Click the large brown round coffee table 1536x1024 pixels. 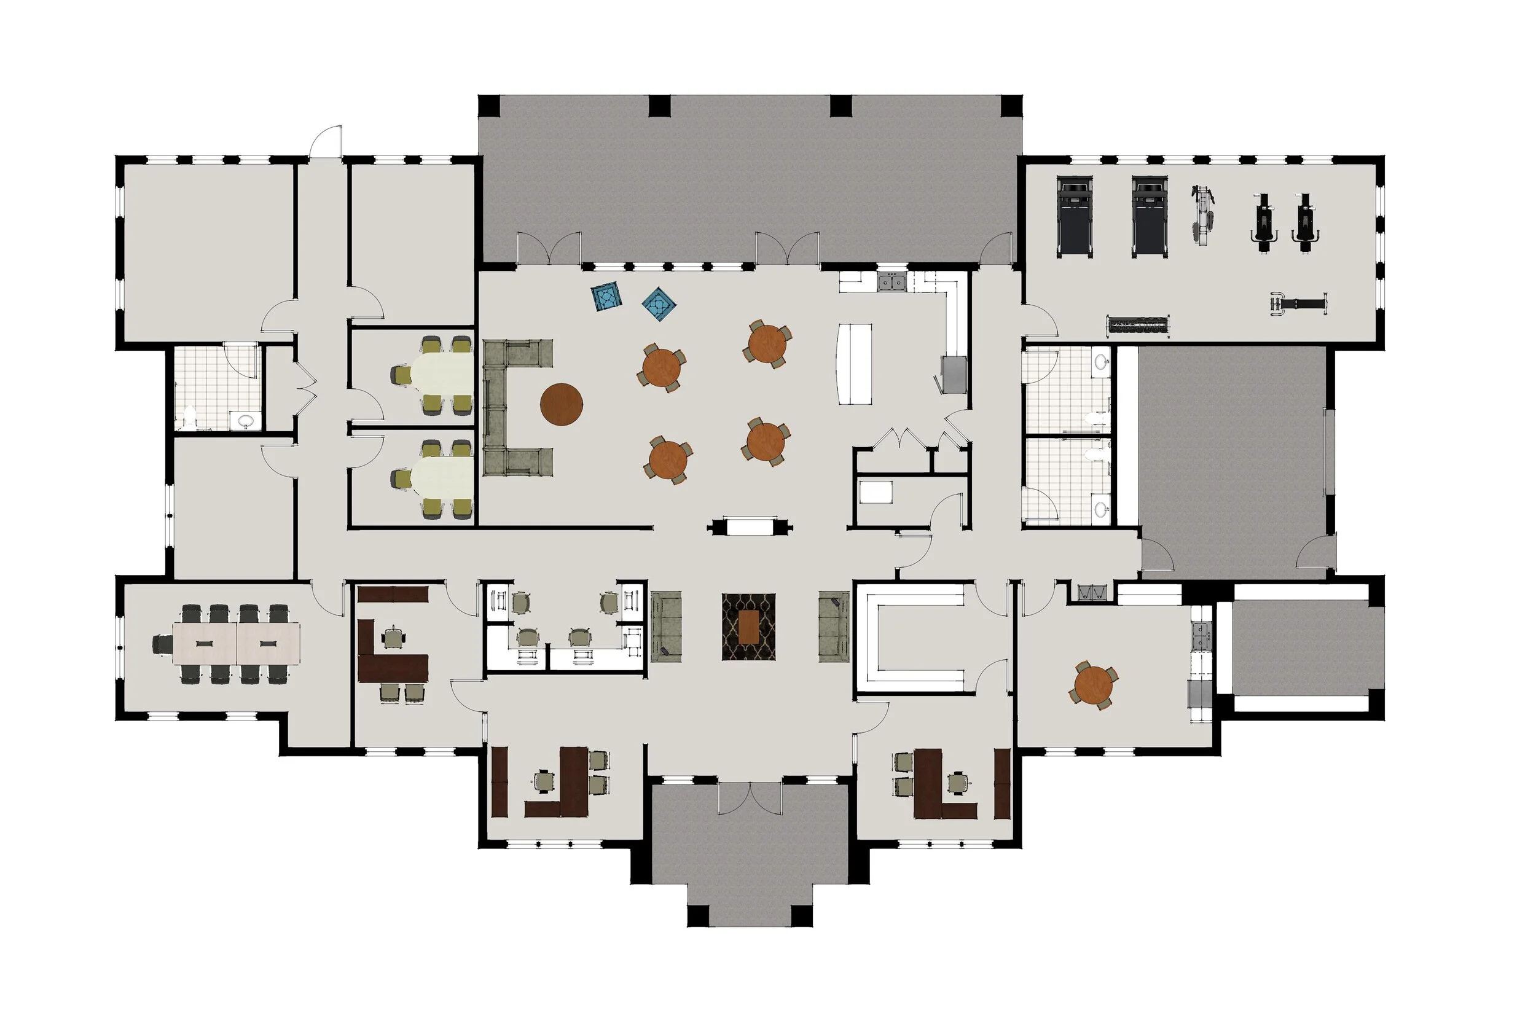point(561,404)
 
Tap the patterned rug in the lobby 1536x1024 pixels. point(748,627)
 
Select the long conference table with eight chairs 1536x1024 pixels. point(237,643)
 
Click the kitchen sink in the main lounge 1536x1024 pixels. point(891,283)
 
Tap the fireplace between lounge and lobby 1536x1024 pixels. point(750,526)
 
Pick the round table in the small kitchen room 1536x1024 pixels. point(1093,684)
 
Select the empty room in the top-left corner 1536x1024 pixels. point(206,251)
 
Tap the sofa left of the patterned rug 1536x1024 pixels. point(666,627)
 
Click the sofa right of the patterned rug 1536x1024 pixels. point(833,627)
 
